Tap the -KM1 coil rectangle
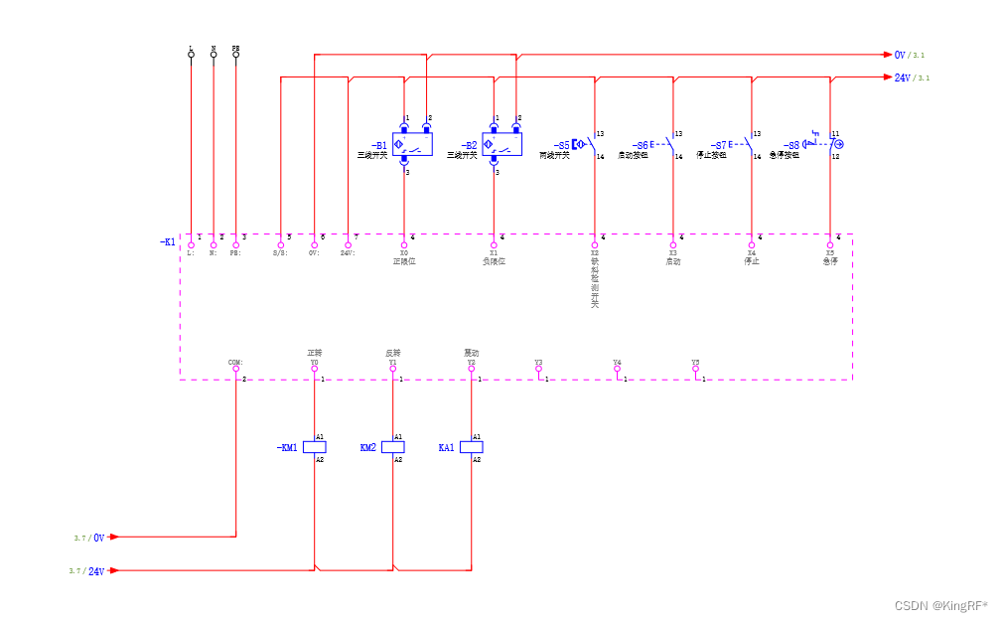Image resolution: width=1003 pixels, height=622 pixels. (x=314, y=447)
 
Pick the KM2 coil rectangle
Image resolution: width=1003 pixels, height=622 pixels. (x=393, y=447)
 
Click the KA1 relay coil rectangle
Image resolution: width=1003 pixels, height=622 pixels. (x=472, y=447)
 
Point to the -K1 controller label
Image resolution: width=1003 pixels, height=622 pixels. (x=168, y=241)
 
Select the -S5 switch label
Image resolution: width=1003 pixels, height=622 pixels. (x=561, y=145)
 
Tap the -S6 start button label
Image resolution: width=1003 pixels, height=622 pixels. (x=640, y=145)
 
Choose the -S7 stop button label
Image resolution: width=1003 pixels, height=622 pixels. (x=718, y=145)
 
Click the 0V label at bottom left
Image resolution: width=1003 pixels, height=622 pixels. (x=98, y=538)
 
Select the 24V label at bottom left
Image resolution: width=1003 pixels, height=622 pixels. (x=96, y=571)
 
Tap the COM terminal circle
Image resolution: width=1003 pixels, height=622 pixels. (x=236, y=369)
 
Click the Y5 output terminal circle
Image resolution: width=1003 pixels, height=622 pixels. (x=696, y=369)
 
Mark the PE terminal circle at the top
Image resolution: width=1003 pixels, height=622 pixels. (x=235, y=55)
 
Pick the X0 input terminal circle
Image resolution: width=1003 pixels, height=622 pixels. (x=404, y=244)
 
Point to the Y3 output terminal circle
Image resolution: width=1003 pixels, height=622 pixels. (x=538, y=369)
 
